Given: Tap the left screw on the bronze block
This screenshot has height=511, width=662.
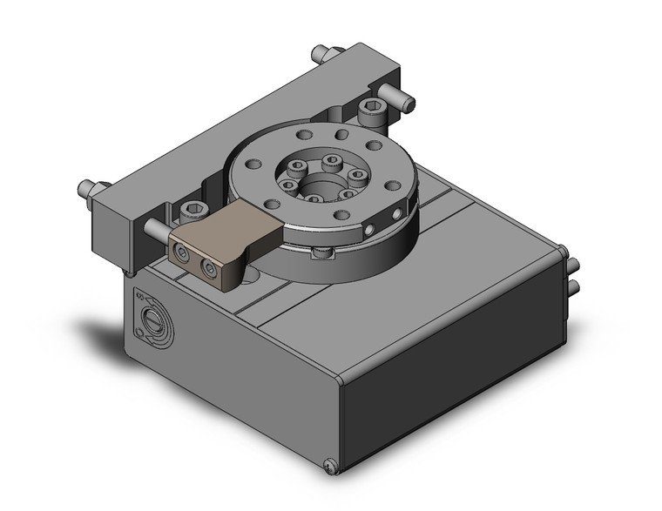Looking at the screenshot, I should [x=182, y=255].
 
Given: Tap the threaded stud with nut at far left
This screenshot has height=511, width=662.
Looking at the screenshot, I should [x=87, y=187].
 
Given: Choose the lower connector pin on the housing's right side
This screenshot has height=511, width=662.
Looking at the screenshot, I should [x=575, y=287].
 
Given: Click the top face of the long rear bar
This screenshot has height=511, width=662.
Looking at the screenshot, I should [x=244, y=118].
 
